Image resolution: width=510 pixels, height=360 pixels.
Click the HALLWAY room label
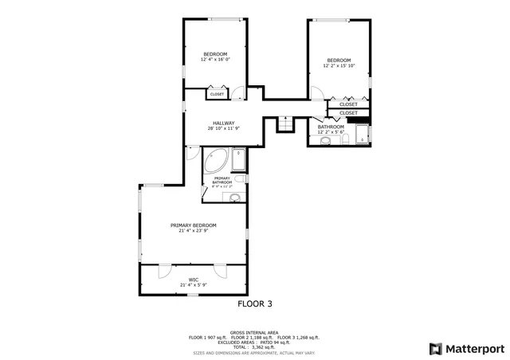223,123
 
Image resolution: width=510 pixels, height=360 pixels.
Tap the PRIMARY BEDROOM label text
194,225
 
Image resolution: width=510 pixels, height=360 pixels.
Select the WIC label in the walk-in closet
194,280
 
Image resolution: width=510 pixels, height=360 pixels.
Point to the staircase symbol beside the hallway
284,124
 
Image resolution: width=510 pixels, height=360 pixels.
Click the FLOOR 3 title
255,303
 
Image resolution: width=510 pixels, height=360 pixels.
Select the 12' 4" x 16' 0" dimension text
215,60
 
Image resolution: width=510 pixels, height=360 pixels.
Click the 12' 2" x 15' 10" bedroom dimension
339,66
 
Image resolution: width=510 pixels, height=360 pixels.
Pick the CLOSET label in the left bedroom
217,95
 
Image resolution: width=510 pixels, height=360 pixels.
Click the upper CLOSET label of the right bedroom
348,104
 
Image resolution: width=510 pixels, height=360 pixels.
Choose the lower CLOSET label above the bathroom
348,113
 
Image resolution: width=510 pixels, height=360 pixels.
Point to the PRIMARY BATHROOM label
222,181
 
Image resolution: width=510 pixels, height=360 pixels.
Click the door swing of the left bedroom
237,92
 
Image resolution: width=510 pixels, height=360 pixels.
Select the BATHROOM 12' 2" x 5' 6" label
331,129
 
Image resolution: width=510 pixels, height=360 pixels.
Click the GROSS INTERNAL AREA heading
254,332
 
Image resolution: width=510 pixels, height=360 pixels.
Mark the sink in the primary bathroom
234,198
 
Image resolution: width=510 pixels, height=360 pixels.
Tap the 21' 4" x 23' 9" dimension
194,231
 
